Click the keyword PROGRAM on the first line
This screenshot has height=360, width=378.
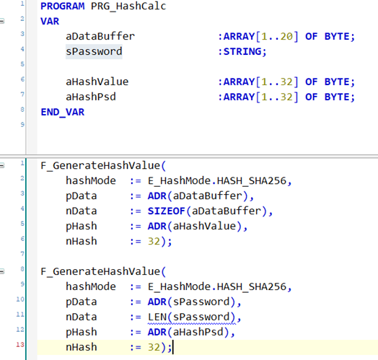click(x=63, y=6)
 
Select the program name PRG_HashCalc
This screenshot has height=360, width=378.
click(x=128, y=6)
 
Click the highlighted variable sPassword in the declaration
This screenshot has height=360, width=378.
click(x=94, y=52)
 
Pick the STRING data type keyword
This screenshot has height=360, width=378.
click(x=242, y=52)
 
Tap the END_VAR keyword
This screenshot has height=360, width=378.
click(x=63, y=113)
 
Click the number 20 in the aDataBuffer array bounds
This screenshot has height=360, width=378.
click(x=286, y=36)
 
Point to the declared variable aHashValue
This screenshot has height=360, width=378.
click(x=97, y=82)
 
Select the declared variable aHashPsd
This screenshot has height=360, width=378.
click(x=91, y=97)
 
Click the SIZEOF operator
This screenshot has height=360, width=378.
click(x=167, y=211)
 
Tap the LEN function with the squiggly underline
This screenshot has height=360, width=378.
click(x=157, y=317)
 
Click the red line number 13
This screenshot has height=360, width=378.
click(x=20, y=345)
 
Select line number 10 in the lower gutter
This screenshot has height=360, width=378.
click(x=20, y=299)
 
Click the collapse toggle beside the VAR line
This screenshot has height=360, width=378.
click(x=2, y=21)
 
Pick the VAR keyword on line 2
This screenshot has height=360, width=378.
click(x=50, y=22)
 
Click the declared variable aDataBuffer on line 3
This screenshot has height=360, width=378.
click(x=100, y=36)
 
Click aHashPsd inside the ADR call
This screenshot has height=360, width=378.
click(x=198, y=333)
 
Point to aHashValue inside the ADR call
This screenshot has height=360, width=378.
click(x=204, y=227)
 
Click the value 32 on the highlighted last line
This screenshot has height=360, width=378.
click(x=154, y=348)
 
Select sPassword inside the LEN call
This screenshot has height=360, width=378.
click(x=201, y=317)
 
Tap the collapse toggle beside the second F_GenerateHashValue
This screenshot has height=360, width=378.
click(x=2, y=271)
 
